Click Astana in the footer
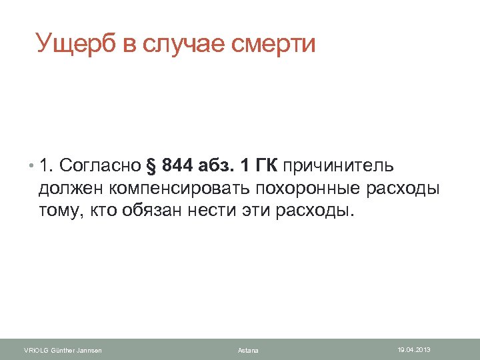point(248,351)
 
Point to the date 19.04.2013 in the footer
point(414,349)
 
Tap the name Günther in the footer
point(65,351)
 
